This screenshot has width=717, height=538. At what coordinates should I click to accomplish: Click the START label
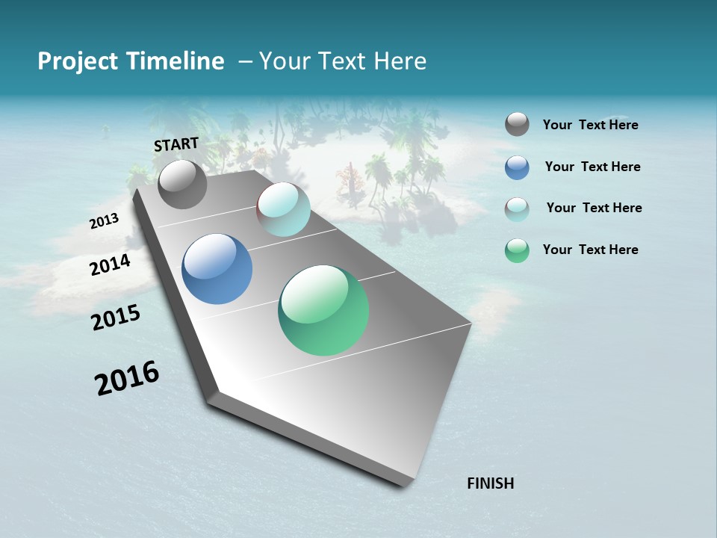176,143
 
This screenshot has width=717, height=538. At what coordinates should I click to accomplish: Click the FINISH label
490,483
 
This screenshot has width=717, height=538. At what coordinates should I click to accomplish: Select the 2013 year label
104,220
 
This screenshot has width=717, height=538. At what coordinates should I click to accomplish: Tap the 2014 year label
111,265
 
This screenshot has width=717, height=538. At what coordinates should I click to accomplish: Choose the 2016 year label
127,378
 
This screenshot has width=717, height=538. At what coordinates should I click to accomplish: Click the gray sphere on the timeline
182,184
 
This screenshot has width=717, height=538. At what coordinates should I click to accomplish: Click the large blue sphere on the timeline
217,269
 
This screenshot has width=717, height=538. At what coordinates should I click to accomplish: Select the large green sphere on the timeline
323,310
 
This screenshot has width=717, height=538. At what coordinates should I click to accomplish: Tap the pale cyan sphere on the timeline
283,209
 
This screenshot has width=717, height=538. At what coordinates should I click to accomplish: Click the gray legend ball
517,125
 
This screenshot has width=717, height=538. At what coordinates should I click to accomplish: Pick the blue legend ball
517,167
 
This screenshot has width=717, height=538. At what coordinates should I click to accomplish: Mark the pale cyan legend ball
517,209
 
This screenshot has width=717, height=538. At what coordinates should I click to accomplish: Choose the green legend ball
517,250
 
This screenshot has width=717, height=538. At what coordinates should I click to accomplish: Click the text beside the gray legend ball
590,126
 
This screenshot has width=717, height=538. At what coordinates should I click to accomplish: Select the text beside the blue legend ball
592,167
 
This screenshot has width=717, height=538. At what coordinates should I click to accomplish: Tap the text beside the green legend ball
590,250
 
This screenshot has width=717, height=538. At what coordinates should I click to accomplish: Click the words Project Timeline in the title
131,61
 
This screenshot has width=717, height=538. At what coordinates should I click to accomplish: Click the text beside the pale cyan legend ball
594,208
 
